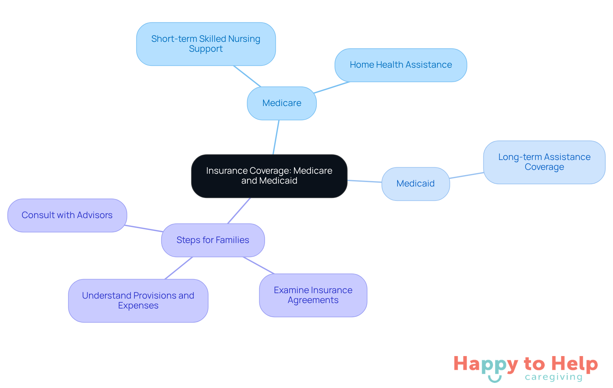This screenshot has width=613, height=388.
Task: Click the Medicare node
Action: [x=282, y=103]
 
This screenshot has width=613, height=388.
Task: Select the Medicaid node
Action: [x=416, y=184]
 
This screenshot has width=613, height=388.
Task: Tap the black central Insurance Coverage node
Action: [x=269, y=176]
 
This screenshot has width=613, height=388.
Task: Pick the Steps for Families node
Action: [x=213, y=240]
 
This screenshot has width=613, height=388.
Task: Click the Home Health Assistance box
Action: [x=401, y=65]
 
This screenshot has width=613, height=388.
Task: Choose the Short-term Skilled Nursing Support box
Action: [x=206, y=44]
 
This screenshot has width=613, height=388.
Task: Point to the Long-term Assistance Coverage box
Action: [x=544, y=162]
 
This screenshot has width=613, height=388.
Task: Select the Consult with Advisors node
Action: [x=67, y=215]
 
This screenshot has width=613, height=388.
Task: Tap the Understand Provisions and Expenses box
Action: [x=138, y=301]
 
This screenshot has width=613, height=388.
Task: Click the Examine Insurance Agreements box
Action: [x=313, y=295]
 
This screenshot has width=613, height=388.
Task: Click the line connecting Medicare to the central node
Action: [x=276, y=137]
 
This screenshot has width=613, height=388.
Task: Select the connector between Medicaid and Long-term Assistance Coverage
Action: [x=466, y=175]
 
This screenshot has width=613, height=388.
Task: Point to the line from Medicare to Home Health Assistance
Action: [x=332, y=87]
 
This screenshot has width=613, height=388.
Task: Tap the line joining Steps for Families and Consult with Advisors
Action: [x=144, y=228]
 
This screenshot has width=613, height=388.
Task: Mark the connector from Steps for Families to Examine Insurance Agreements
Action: [x=259, y=265]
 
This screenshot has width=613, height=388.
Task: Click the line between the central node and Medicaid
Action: [x=365, y=181]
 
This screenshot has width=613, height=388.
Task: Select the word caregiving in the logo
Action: [x=554, y=377]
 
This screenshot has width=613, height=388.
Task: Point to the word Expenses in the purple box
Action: [x=138, y=306]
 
